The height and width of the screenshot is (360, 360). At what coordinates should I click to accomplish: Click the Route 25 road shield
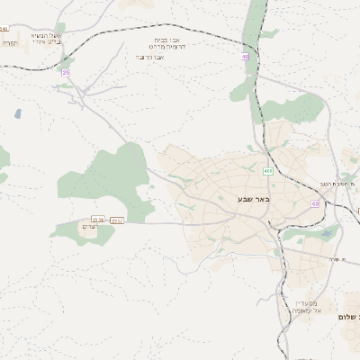65,72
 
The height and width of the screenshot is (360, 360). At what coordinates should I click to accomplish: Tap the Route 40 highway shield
245,57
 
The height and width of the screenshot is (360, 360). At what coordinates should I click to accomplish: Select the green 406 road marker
268,171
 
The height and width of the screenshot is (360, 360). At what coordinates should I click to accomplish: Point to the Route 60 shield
315,204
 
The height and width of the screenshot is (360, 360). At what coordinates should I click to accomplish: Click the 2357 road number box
117,220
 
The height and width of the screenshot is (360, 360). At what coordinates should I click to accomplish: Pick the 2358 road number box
97,220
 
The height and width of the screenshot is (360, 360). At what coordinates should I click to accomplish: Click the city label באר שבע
252,198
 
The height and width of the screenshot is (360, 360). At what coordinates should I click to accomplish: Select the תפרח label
9,42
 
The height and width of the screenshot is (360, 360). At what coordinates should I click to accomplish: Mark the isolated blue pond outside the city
17,114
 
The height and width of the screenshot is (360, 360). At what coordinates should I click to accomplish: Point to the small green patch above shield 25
60,28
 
